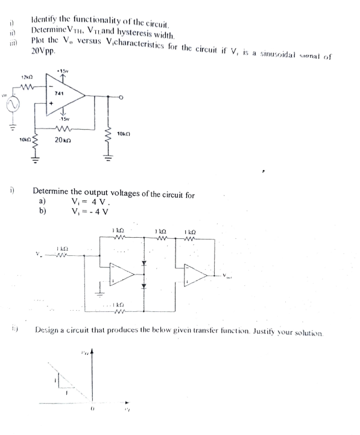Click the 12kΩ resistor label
coord(25,78)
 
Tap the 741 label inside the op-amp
coord(59,94)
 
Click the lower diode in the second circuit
coord(144,286)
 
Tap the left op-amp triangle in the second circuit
coord(122,276)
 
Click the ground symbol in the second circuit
coord(101,296)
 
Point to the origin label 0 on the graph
coord(92,416)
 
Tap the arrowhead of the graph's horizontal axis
coord(127,401)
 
